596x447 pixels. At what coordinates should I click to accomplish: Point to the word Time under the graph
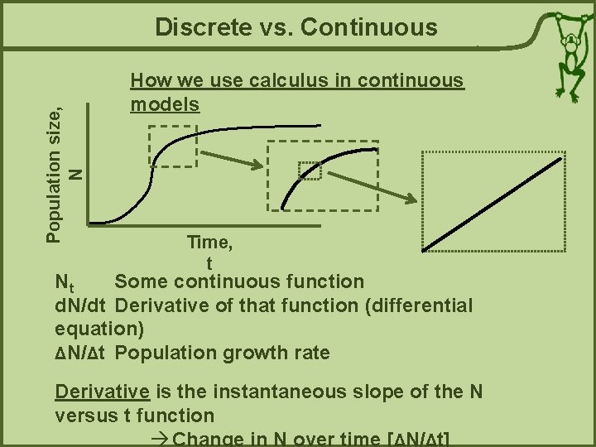[x=209, y=243]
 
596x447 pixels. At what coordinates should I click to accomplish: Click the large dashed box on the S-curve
[x=172, y=147]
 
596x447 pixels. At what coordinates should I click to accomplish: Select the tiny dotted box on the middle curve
[x=310, y=170]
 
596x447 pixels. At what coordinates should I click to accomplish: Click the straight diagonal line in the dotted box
[x=493, y=200]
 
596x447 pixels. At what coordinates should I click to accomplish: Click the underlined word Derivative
[x=102, y=392]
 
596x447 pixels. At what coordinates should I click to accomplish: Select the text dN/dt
[x=79, y=305]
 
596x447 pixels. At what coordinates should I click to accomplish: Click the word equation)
[x=99, y=329]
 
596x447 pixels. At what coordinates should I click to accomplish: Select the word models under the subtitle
[x=165, y=103]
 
